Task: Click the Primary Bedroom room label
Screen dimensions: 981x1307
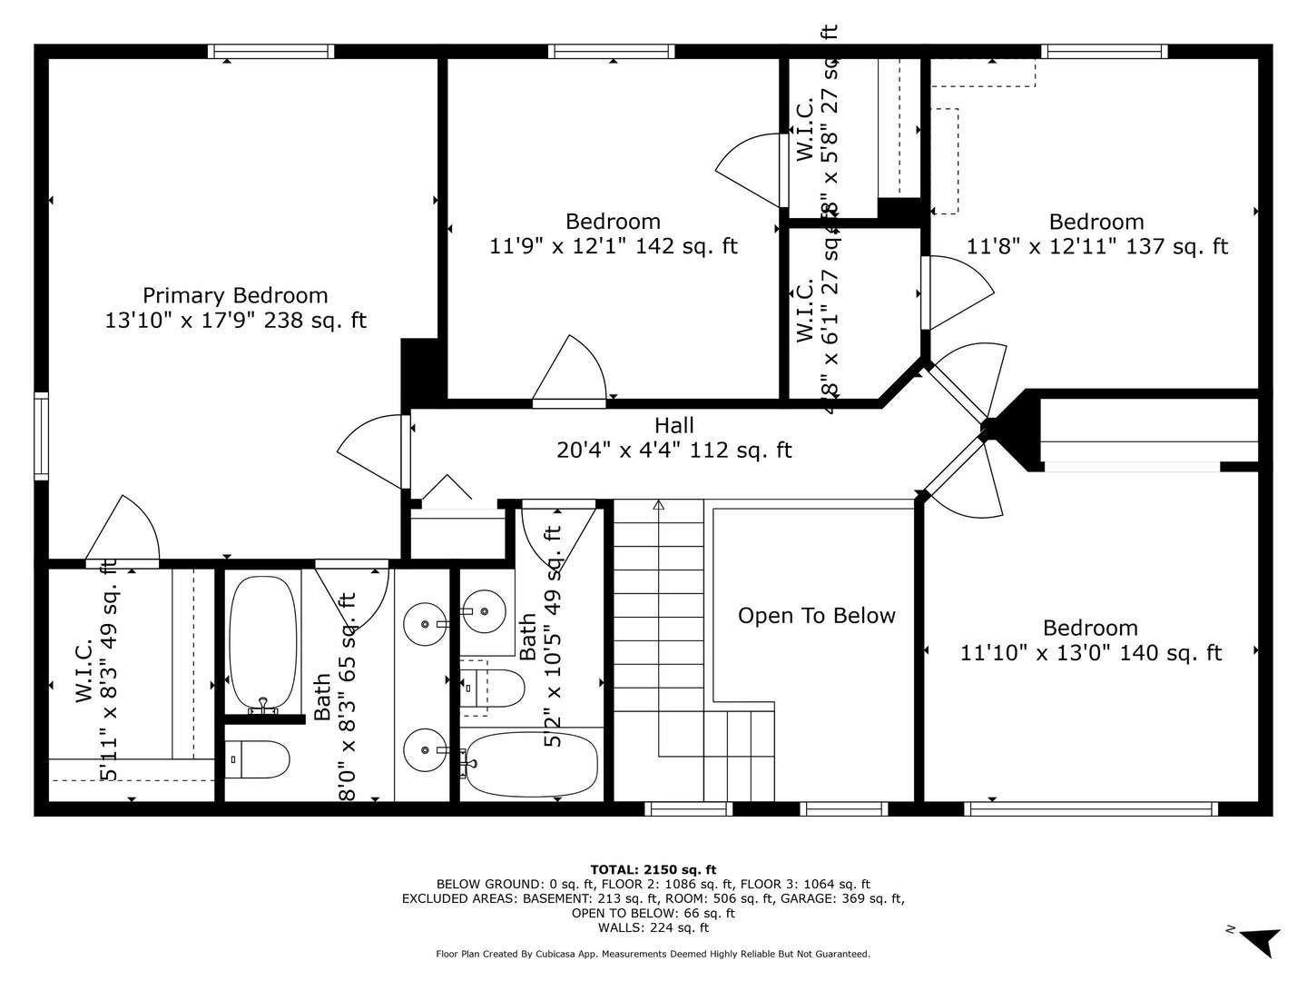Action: [x=235, y=295]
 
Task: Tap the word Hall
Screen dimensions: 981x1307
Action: [x=674, y=425]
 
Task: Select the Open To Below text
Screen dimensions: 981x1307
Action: [x=816, y=616]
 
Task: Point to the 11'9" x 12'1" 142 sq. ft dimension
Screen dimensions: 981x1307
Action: [x=614, y=246]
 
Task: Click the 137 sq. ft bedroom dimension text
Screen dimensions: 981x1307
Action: [x=1096, y=247]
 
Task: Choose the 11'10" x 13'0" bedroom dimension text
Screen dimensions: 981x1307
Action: [x=1091, y=653]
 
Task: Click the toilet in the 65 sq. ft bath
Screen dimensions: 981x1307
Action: [x=258, y=759]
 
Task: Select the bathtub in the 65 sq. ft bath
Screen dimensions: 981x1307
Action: [x=263, y=643]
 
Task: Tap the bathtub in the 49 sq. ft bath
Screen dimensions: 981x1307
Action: [x=531, y=763]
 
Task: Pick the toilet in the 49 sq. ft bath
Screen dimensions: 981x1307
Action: [x=493, y=689]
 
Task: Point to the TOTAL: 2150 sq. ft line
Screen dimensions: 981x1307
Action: [x=653, y=869]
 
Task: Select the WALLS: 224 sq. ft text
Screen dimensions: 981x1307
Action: [x=653, y=927]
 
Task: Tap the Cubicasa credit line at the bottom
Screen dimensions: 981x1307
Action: [x=653, y=954]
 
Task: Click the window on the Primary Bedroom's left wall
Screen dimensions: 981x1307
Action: [x=41, y=435]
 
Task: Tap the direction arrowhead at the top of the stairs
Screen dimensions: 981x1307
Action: [x=659, y=505]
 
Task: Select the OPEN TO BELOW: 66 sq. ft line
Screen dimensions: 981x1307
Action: [x=653, y=913]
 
